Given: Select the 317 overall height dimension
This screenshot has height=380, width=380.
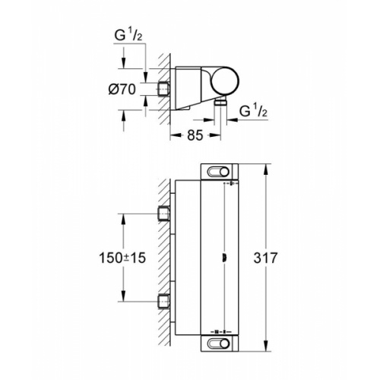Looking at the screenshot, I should tap(282, 257).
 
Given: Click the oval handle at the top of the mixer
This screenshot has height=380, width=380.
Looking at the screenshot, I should tap(220, 171).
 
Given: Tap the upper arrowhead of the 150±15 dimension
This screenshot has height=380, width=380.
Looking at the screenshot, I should tap(124, 216).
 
